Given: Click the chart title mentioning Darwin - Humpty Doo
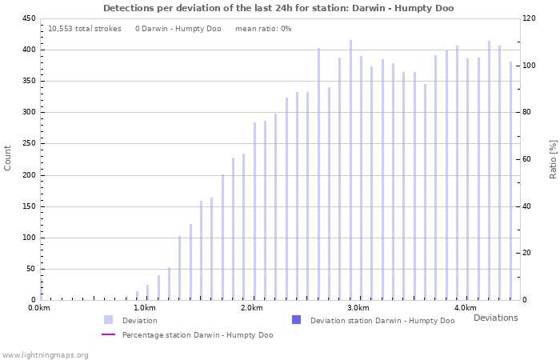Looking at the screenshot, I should click(278, 8).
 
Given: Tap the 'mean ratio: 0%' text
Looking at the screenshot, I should click(263, 29).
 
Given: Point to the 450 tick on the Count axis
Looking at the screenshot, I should click(28, 18).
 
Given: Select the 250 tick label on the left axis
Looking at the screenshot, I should click(28, 144).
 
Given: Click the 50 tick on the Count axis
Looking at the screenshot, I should click(30, 269).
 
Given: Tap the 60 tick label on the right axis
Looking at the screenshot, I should click(530, 160).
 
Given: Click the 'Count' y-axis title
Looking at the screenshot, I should click(8, 158).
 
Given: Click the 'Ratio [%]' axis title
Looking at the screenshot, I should click(553, 158).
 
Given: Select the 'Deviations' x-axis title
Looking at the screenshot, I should click(495, 318).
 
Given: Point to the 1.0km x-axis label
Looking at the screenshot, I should click(145, 308).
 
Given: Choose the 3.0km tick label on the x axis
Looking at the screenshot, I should click(358, 308).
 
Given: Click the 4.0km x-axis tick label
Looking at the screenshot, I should click(465, 308).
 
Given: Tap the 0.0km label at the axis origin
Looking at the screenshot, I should click(39, 308).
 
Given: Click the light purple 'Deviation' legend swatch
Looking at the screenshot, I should click(108, 320).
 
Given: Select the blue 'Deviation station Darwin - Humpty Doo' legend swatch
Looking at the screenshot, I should click(296, 320).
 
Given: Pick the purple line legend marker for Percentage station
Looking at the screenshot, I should click(108, 335).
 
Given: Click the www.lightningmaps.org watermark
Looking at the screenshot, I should click(46, 354).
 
